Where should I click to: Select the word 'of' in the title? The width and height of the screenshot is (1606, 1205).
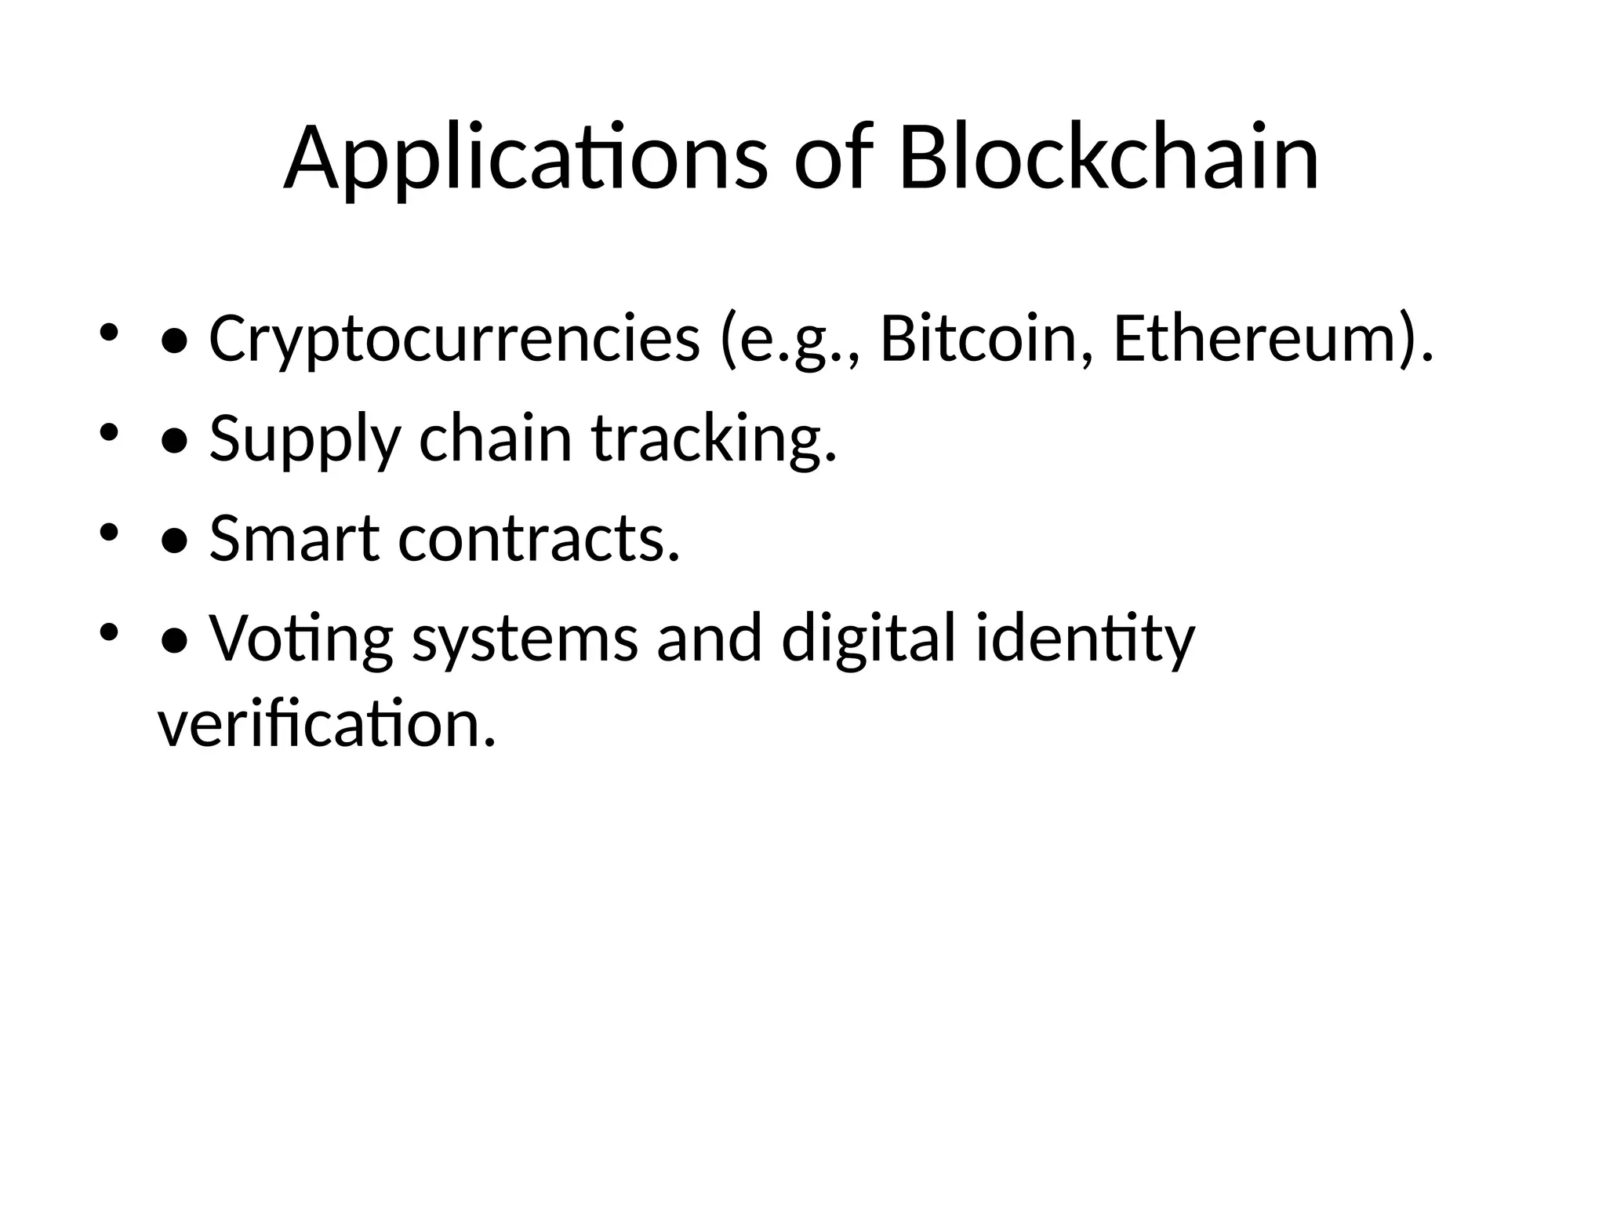tap(833, 159)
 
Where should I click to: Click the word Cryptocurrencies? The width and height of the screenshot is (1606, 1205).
tap(454, 340)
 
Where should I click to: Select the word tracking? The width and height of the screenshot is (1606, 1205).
tap(714, 439)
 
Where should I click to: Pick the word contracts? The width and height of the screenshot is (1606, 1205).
tap(539, 539)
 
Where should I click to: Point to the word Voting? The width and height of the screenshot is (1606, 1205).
tap(301, 639)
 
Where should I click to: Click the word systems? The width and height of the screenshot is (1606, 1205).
tap(525, 639)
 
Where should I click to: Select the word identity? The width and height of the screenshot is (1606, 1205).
tap(1085, 639)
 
